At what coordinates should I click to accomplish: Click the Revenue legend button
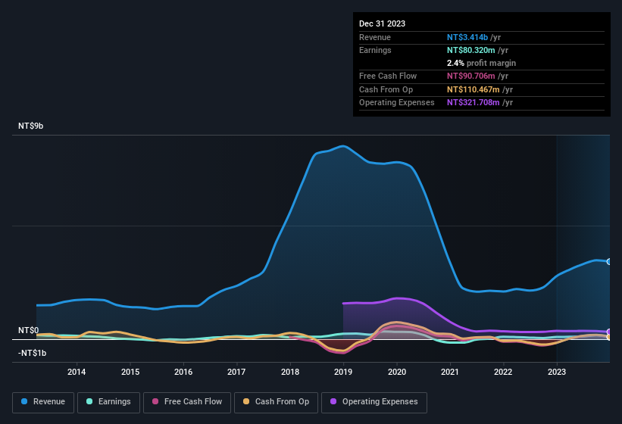point(44,402)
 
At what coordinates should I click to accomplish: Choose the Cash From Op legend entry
point(277,402)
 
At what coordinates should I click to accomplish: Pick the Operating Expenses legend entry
point(374,402)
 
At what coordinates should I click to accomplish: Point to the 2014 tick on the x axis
point(76,372)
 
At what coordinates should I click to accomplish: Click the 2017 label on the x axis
point(236,372)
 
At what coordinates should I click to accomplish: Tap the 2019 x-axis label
point(343,372)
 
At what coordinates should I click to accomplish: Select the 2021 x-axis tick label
point(450,372)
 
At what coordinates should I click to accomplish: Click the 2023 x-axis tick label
point(557,372)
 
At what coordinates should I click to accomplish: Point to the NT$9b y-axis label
point(31,126)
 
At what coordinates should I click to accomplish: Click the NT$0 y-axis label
point(28,331)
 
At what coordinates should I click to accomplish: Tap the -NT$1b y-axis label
point(32,353)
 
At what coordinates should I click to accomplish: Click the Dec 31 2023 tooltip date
point(382,23)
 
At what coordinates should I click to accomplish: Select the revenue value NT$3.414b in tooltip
point(467,37)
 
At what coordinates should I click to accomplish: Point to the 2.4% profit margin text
point(481,63)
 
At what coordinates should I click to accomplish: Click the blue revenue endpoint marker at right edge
point(608,262)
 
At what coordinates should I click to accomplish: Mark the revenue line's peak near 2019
point(344,145)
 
